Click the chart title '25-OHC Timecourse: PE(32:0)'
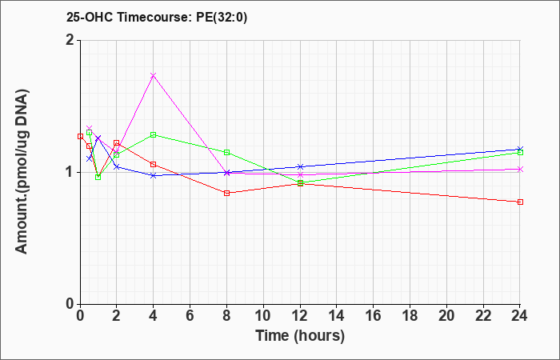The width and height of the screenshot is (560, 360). click(x=157, y=18)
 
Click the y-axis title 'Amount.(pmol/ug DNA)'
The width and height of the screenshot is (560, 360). click(x=22, y=172)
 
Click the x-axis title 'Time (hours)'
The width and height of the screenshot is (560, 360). click(x=300, y=336)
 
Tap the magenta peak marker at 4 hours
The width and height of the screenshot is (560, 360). click(x=154, y=75)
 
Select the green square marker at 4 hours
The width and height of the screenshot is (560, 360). click(x=154, y=134)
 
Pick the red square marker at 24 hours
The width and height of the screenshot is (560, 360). click(x=520, y=202)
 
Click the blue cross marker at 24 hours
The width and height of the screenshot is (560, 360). click(x=520, y=149)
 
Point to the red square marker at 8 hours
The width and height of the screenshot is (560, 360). click(x=226, y=194)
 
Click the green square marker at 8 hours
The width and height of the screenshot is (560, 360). click(x=226, y=153)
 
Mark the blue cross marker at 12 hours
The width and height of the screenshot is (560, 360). click(x=300, y=166)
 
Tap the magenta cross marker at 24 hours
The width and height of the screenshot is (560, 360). click(x=520, y=170)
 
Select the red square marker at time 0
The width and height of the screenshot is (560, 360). click(x=80, y=136)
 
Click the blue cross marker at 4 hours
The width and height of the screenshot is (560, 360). click(x=154, y=176)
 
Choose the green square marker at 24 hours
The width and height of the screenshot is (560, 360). click(x=520, y=153)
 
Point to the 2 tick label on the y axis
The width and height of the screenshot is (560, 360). click(x=70, y=40)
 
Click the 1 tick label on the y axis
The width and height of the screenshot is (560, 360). click(x=70, y=172)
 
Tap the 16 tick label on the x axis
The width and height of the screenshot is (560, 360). click(x=374, y=315)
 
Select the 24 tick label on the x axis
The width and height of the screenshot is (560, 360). click(x=519, y=315)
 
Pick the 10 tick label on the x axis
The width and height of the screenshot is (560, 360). click(x=263, y=315)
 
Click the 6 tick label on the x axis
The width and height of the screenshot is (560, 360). click(x=190, y=315)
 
